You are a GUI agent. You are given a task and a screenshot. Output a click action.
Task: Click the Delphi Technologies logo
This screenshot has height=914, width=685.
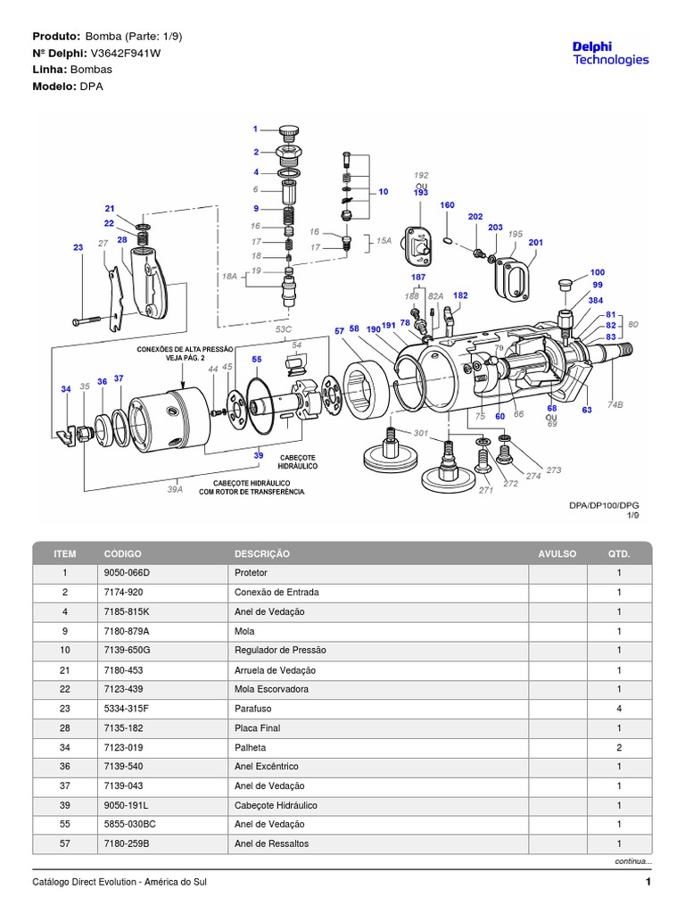pos(610,53)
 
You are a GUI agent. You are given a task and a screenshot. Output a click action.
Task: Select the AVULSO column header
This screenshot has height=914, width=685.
pos(557,553)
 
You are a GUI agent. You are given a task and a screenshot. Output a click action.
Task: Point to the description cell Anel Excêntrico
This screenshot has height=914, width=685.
pos(266,767)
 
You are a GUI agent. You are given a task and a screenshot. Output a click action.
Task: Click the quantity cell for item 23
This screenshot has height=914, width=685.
pos(618,709)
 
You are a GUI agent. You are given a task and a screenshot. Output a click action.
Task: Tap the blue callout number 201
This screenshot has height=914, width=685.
pos(535,242)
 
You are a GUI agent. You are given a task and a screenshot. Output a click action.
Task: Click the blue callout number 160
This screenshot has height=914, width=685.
pos(447,205)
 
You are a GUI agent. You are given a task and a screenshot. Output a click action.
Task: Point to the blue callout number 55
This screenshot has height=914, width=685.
pos(257,359)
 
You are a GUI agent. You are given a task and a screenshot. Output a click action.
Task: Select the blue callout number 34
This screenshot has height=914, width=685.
pos(66,389)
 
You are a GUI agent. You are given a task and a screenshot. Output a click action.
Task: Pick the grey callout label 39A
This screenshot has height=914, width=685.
pos(174,489)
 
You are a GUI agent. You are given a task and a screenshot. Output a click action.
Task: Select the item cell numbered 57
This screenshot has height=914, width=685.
pos(64,843)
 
